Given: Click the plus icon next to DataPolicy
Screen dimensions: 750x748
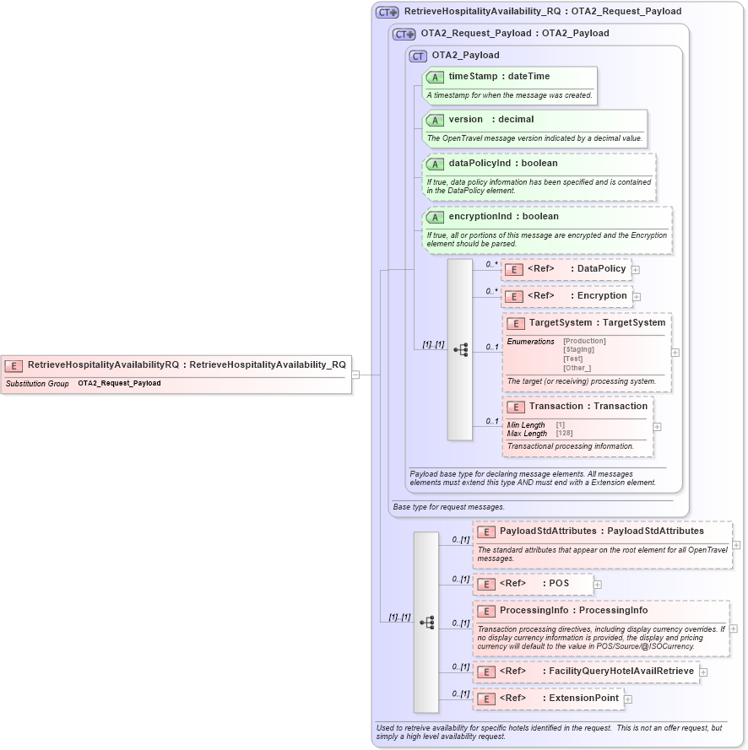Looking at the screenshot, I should [636, 270].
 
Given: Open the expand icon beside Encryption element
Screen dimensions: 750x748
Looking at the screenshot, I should [637, 297].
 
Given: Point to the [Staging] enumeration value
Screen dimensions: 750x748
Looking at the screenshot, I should [578, 349].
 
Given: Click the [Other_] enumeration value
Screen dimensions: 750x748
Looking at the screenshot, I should [577, 368].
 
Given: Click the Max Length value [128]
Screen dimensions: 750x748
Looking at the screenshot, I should [564, 434].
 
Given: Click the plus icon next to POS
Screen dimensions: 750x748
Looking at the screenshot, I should [598, 584].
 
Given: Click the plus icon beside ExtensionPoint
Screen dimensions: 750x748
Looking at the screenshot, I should [628, 699].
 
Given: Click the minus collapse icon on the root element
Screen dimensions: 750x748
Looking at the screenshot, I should [356, 375].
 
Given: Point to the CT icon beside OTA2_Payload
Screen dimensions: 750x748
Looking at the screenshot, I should [418, 56].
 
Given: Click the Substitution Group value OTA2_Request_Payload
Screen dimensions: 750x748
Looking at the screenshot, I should [119, 384].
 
